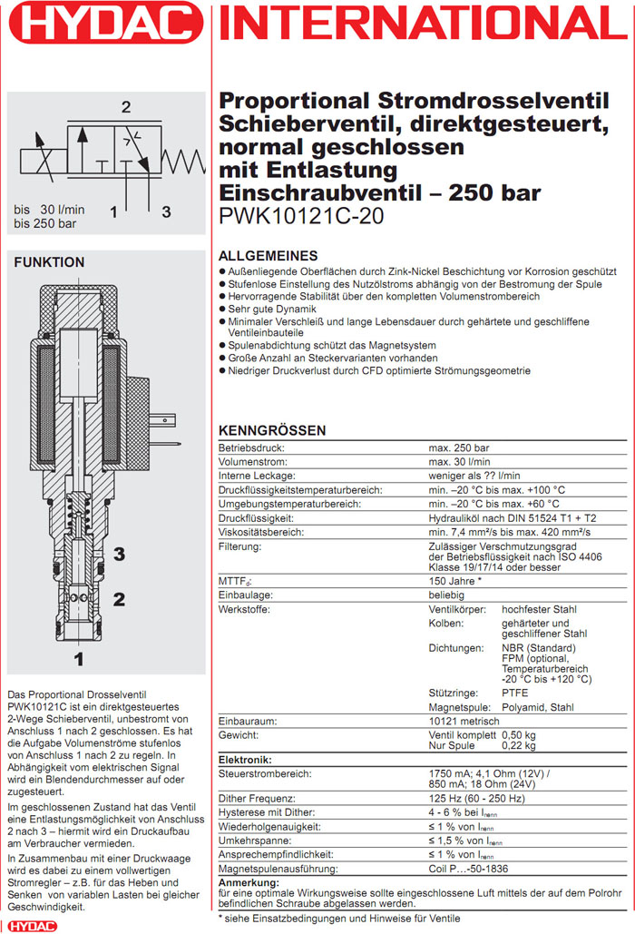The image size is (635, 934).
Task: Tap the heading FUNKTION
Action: pyautogui.click(x=49, y=262)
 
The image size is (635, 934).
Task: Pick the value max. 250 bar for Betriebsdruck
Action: pyautogui.click(x=458, y=448)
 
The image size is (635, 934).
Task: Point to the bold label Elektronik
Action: pyautogui.click(x=248, y=759)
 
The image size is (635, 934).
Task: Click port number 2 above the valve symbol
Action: pyautogui.click(x=126, y=107)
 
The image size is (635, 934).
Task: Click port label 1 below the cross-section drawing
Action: pyautogui.click(x=80, y=658)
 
